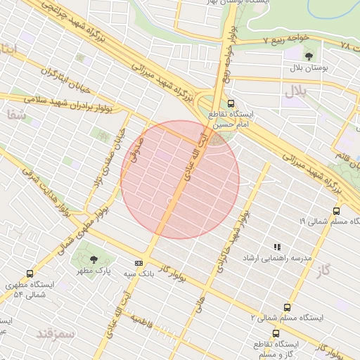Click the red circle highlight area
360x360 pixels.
180,179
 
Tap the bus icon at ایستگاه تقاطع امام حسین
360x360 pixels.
232,103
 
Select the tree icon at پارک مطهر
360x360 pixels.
94,259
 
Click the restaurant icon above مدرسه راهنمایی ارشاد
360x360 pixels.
277,247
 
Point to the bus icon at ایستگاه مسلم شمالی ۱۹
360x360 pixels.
336,210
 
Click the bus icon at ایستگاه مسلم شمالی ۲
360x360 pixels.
287,307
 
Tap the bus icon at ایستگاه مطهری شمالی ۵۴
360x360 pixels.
30,274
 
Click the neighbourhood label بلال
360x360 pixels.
293,91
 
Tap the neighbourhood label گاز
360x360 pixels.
323,270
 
